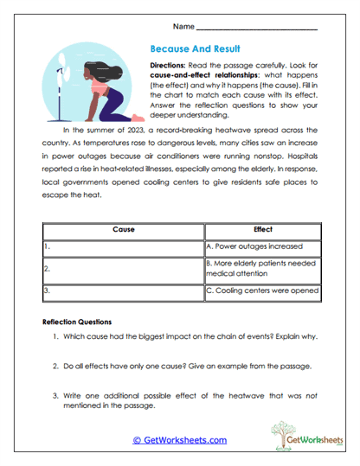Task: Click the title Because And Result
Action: tap(195, 50)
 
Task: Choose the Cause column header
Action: tap(122, 231)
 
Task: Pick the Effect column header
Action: tap(262, 231)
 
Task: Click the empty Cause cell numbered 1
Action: tap(122, 246)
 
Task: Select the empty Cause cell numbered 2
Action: tap(122, 268)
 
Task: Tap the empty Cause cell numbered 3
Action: tap(122, 291)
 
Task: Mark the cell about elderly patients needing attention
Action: tap(261, 268)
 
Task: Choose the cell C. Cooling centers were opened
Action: tap(262, 291)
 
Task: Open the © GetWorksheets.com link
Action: tap(180, 440)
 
